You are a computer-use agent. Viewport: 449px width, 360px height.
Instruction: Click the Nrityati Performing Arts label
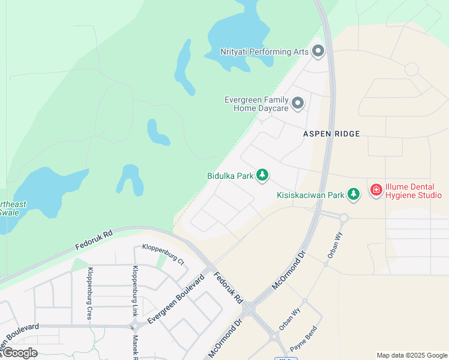click(264, 52)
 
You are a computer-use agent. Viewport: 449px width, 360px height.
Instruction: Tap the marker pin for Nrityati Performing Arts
click(318, 52)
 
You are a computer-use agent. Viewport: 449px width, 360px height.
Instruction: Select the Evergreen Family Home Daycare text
click(256, 104)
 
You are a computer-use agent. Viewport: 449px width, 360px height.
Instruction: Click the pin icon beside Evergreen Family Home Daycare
click(298, 104)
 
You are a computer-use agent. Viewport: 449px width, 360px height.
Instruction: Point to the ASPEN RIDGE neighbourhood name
click(331, 134)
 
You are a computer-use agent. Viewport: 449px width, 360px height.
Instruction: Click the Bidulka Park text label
click(229, 176)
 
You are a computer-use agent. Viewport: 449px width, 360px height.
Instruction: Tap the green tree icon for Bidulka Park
click(262, 176)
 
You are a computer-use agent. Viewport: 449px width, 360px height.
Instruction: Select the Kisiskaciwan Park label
click(310, 195)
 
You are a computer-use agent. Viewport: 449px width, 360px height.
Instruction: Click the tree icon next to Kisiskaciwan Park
click(354, 194)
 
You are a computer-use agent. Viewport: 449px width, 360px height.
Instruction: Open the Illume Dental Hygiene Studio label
click(414, 191)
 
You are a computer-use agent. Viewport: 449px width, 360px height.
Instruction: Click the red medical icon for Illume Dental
click(376, 190)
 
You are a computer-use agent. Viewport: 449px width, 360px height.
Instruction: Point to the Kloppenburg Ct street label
click(163, 247)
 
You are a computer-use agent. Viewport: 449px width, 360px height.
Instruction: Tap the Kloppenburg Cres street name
click(90, 293)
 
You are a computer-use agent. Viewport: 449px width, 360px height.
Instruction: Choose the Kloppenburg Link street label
click(135, 292)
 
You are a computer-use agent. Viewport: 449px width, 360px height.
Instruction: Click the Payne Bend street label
click(303, 340)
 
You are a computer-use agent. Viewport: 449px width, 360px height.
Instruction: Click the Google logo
click(20, 353)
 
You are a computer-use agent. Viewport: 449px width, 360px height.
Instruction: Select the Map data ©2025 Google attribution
click(412, 355)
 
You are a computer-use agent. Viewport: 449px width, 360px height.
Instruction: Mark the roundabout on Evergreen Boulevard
click(135, 326)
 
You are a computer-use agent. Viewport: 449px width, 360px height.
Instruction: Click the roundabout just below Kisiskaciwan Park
click(344, 218)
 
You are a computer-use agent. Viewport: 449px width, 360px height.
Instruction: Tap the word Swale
click(8, 212)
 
